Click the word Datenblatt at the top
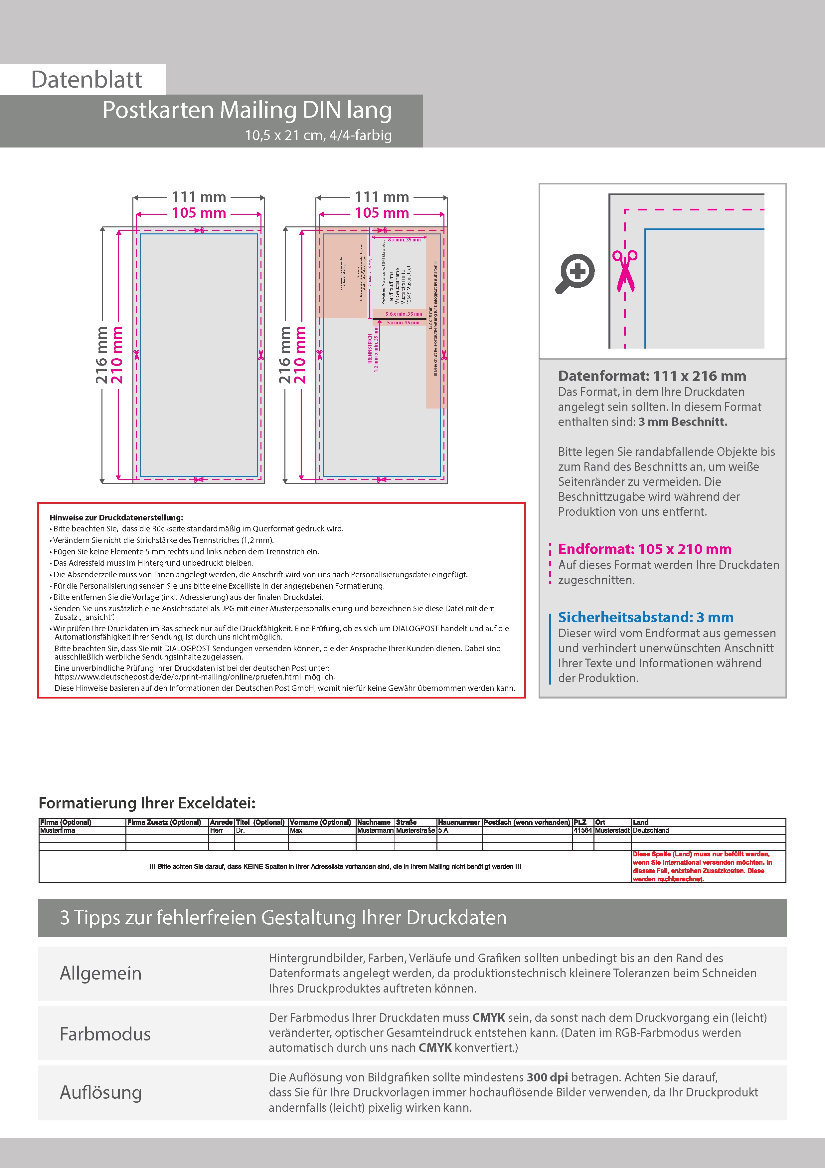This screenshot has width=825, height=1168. tap(86, 80)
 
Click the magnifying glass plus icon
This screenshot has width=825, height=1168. tap(575, 273)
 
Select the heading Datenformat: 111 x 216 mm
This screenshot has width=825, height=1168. tap(652, 376)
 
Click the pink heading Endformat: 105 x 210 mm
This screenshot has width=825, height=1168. tap(645, 549)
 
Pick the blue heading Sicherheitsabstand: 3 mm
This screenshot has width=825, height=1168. tap(646, 617)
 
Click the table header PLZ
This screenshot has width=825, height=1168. tap(580, 822)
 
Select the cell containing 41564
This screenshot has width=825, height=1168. tap(582, 830)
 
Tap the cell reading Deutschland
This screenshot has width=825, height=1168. tap(651, 830)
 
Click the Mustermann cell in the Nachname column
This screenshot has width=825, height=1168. tap(375, 830)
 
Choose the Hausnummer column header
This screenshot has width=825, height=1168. tap(459, 822)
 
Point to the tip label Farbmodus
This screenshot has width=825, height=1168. tap(105, 1034)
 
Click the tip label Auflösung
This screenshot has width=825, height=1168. tap(101, 1092)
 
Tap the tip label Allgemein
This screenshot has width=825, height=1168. tap(101, 973)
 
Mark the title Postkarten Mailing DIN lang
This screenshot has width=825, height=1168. tap(247, 110)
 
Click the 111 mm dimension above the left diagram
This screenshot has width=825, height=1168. tap(199, 197)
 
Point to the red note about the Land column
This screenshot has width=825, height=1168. tap(702, 866)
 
